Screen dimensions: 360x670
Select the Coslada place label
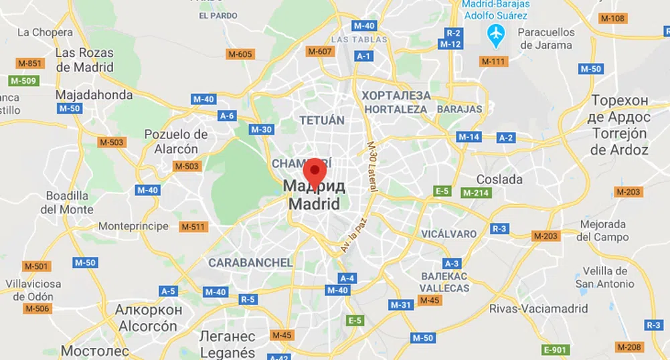(x=499, y=179)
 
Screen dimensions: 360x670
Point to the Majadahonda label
(x=94, y=94)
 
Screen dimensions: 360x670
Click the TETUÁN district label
(x=322, y=120)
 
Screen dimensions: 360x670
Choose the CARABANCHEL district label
(x=250, y=262)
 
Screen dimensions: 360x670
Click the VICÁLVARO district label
(x=449, y=234)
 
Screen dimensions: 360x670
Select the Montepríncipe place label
(x=133, y=226)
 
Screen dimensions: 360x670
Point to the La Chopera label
(x=45, y=32)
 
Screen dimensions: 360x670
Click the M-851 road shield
(x=30, y=64)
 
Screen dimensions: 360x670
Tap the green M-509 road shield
(x=23, y=81)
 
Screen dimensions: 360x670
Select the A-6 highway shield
(x=227, y=116)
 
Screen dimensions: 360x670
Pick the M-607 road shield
(x=319, y=52)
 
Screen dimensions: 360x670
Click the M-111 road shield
(x=493, y=62)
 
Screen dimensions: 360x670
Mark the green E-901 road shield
(x=555, y=349)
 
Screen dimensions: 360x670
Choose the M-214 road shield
(x=477, y=193)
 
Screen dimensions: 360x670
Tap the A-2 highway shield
(x=507, y=138)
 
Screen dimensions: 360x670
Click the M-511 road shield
(x=193, y=227)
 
